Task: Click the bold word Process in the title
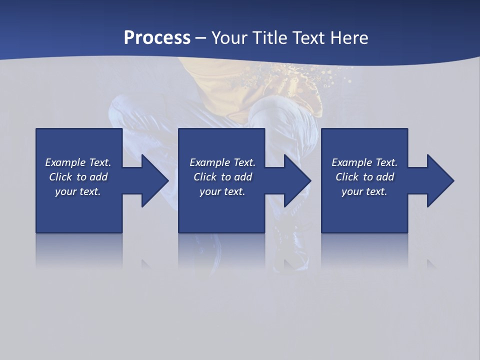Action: pyautogui.click(x=157, y=38)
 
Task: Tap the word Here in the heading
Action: pyautogui.click(x=349, y=38)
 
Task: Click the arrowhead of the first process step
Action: pyautogui.click(x=155, y=180)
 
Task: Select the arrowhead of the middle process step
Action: pyautogui.click(x=297, y=180)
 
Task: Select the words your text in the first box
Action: pyautogui.click(x=78, y=191)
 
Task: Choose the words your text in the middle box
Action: pyautogui.click(x=222, y=191)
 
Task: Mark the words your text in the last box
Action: pyautogui.click(x=364, y=191)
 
